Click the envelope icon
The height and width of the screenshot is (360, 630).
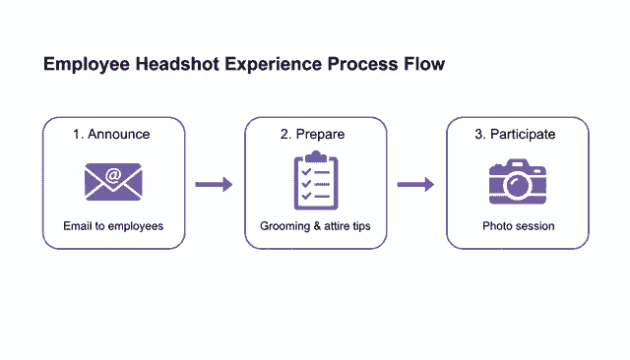113,182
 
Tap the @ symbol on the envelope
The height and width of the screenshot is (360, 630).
113,176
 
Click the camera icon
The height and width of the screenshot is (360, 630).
518,182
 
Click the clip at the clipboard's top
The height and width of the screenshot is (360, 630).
315,156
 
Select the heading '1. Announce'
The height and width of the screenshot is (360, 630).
112,135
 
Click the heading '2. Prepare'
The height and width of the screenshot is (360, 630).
315,135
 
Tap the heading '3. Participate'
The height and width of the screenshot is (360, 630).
518,135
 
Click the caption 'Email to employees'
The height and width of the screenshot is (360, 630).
113,226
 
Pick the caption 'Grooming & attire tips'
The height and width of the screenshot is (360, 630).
315,226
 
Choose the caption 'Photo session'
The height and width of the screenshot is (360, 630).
518,226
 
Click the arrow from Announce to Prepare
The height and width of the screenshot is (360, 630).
214,184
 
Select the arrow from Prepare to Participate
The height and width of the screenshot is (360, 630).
415,184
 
